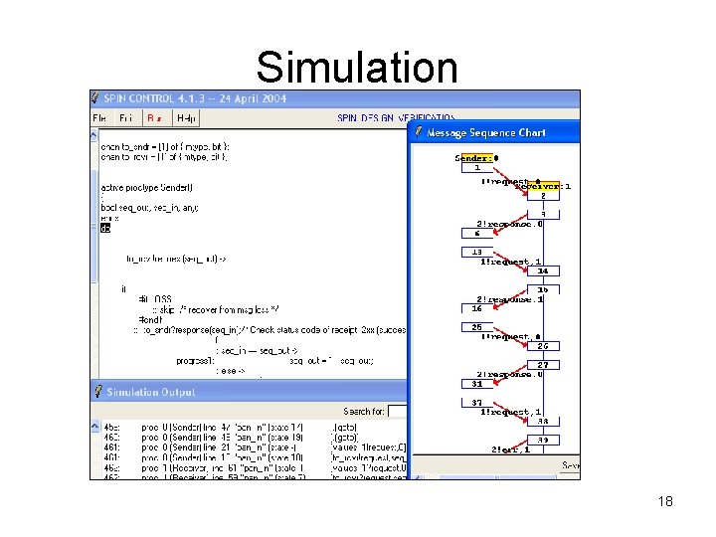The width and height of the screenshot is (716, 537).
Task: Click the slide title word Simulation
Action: coord(357,68)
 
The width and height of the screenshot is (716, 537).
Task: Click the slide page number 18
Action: coord(665,501)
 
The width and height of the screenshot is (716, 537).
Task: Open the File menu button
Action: coord(99,117)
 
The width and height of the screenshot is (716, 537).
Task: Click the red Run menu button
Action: coord(154,117)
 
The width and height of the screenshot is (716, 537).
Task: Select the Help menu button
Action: coord(186,117)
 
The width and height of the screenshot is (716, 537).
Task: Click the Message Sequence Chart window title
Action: coord(486,132)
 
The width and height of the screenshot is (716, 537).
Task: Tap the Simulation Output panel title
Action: coord(152,392)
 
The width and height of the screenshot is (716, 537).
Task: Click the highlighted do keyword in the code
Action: coord(106,228)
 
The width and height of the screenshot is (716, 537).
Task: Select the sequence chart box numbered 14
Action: coord(542,270)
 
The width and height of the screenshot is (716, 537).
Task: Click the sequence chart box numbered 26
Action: coord(542,346)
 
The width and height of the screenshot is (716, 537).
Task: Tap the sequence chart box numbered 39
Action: coord(542,440)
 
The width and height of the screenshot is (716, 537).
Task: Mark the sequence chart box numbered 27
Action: coord(542,365)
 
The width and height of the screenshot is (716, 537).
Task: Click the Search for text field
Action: coord(398,411)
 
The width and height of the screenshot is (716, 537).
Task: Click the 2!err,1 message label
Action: coord(510,449)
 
